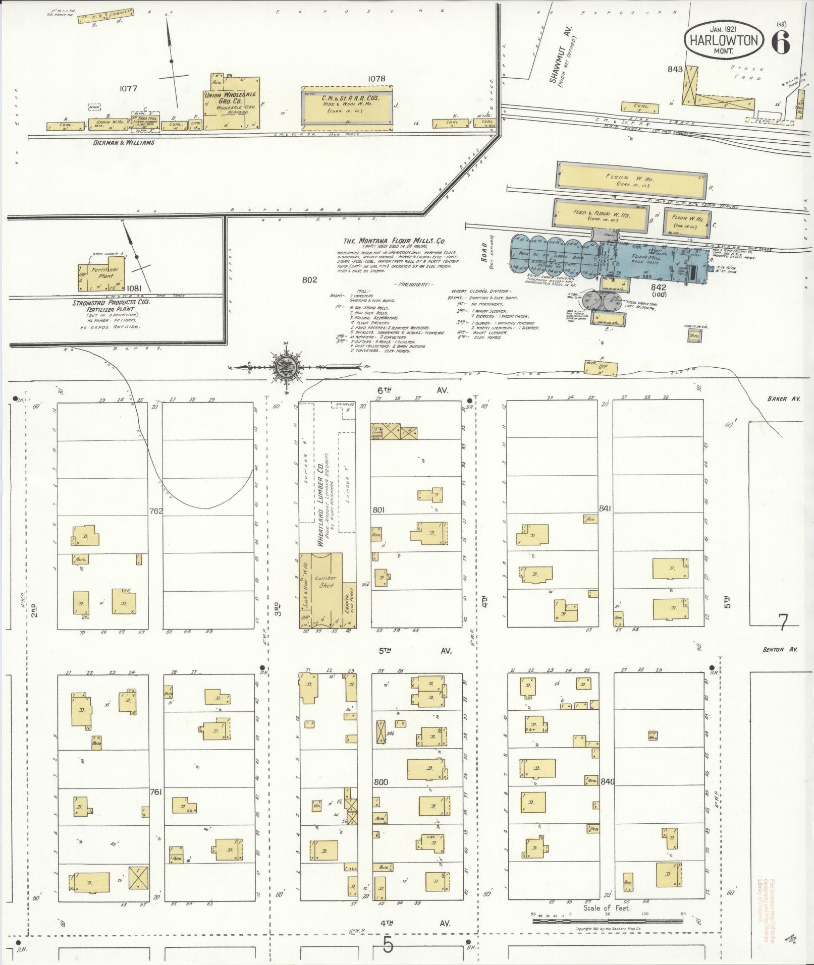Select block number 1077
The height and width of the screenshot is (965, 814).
coord(128,88)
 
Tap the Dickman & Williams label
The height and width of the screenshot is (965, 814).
coord(124,143)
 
